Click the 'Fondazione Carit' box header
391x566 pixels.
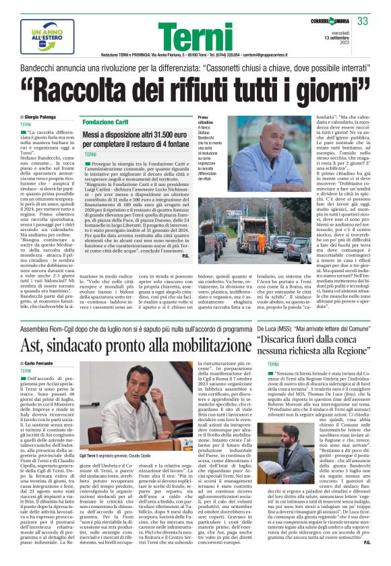(x=106, y=122)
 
